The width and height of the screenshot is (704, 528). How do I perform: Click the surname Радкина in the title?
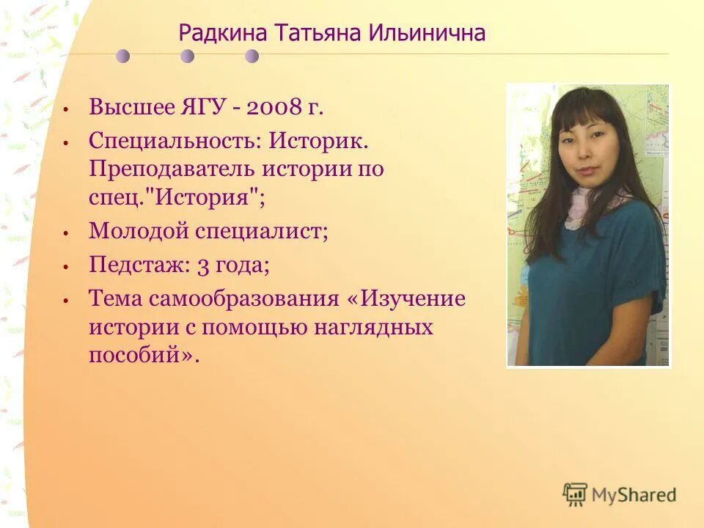[x=224, y=33]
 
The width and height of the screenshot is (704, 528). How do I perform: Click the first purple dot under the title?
[x=123, y=56]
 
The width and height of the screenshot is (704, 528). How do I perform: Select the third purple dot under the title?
[x=252, y=56]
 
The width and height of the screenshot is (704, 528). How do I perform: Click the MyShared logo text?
[x=634, y=495]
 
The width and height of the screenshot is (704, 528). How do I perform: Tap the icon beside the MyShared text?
[x=575, y=494]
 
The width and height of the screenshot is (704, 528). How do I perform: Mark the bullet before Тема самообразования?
[x=65, y=299]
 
